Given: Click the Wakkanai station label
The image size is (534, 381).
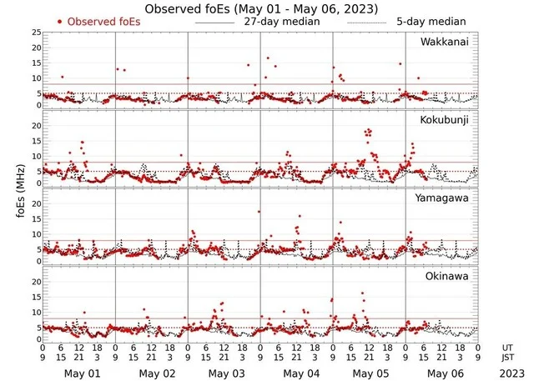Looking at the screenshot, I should (444, 42).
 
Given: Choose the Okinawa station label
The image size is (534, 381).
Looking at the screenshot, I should (447, 275).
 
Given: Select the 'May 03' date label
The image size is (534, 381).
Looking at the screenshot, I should (226, 373).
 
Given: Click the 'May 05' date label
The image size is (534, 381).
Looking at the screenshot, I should (370, 373).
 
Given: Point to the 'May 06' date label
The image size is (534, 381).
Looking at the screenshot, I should (442, 373).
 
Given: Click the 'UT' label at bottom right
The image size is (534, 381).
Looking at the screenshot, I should (506, 348).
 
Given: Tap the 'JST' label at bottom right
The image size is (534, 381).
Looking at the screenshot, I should (508, 358).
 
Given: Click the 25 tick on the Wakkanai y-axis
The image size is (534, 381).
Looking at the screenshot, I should (36, 32).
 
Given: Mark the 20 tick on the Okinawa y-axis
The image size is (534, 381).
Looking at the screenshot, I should (36, 283).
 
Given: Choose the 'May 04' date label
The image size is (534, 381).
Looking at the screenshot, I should (298, 373).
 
